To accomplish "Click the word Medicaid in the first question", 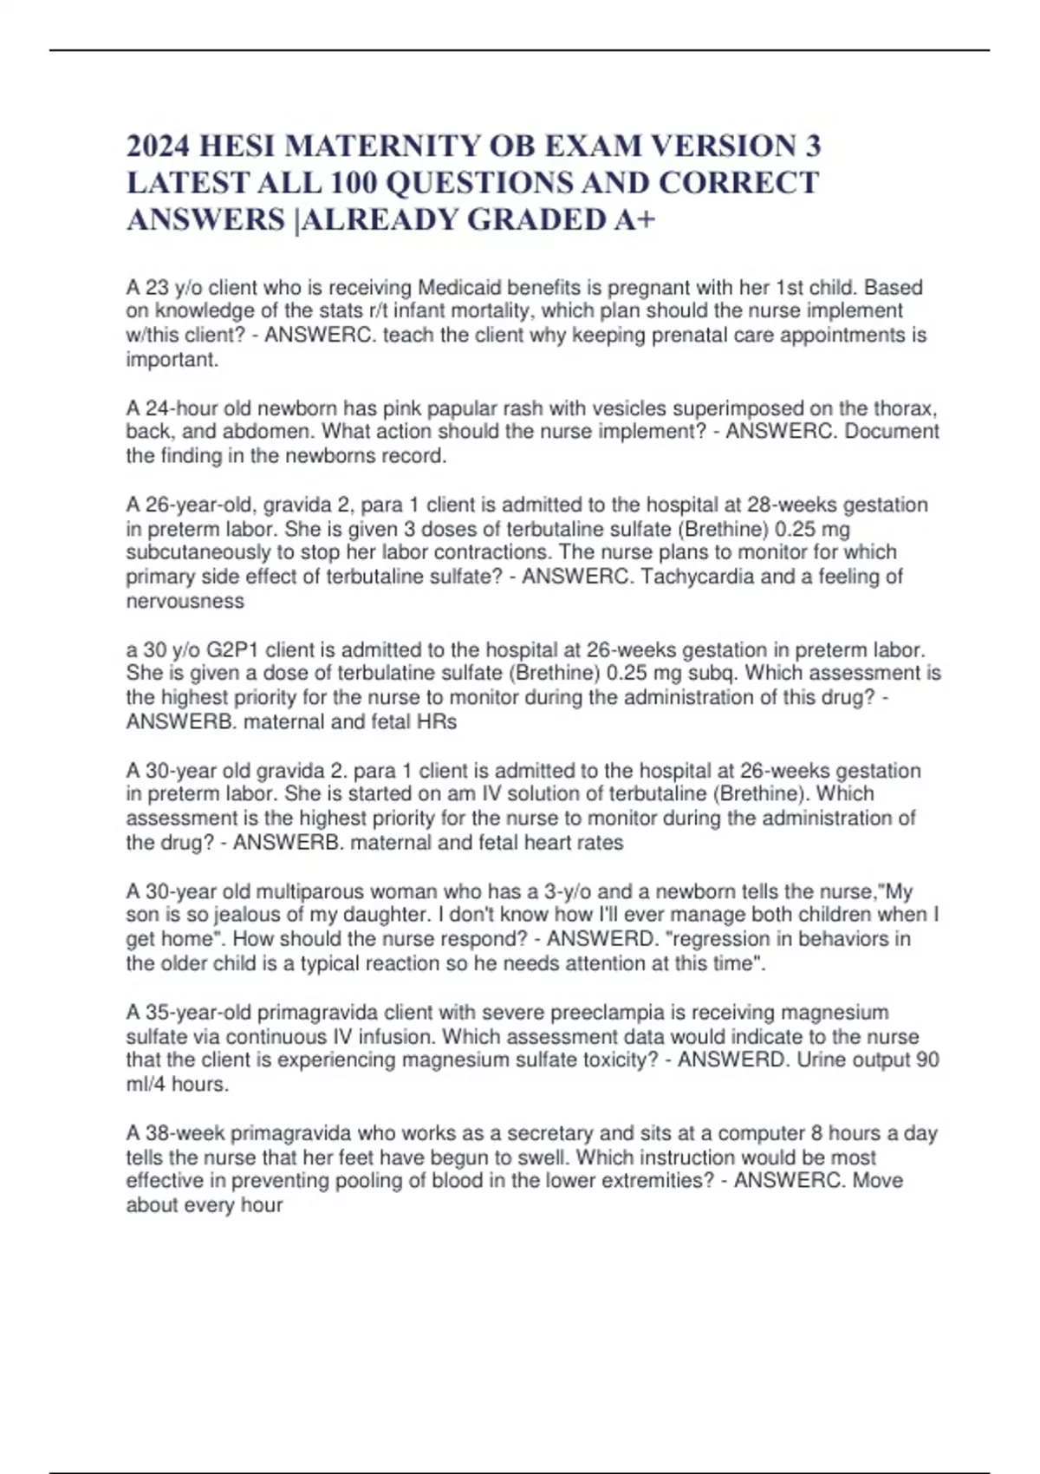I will pos(462,288).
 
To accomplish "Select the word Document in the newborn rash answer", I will pos(892,432).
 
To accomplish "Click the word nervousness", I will pos(185,601).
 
